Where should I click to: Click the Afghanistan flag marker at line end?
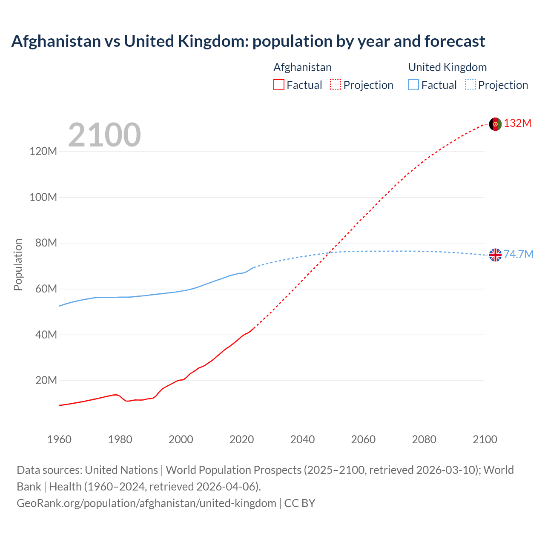[x=495, y=124]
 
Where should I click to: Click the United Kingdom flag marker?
[x=495, y=255]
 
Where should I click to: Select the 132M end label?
[x=518, y=123]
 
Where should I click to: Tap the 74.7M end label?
[x=519, y=254]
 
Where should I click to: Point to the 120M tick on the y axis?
[x=43, y=152]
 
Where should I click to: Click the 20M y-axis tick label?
[x=46, y=380]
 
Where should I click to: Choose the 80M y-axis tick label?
[x=46, y=243]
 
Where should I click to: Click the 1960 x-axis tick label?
[x=59, y=439]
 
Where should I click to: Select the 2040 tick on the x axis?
[x=302, y=439]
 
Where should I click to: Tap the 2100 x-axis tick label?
[x=485, y=439]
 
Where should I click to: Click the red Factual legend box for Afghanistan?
[x=279, y=85]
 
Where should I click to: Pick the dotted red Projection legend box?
[x=336, y=85]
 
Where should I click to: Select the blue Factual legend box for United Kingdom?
[x=413, y=85]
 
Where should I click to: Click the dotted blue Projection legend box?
[x=470, y=85]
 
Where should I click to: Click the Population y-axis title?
[x=18, y=264]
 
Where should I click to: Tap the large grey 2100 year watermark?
[x=104, y=135]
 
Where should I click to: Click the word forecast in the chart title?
[x=454, y=41]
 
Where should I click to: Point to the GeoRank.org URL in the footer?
[x=146, y=503]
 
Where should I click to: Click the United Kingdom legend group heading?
[x=447, y=67]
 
